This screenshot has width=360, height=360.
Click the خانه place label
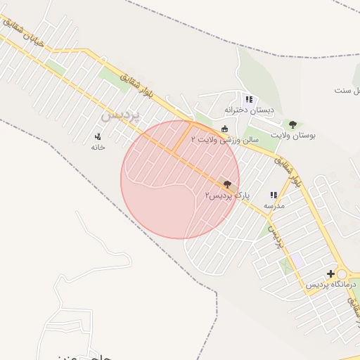(98, 147)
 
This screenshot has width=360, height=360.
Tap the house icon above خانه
(98, 136)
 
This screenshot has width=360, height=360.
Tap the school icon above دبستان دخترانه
(249, 100)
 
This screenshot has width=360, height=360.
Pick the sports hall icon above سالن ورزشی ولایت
(224, 129)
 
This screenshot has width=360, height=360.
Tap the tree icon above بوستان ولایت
(292, 124)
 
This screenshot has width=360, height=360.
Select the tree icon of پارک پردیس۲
(226, 182)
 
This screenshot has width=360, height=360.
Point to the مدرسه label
(274, 206)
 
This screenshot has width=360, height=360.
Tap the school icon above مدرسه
(274, 195)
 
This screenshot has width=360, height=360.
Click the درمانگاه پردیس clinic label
(331, 284)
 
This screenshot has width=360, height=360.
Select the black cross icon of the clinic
(330, 273)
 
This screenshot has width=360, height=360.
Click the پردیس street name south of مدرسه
(276, 238)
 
